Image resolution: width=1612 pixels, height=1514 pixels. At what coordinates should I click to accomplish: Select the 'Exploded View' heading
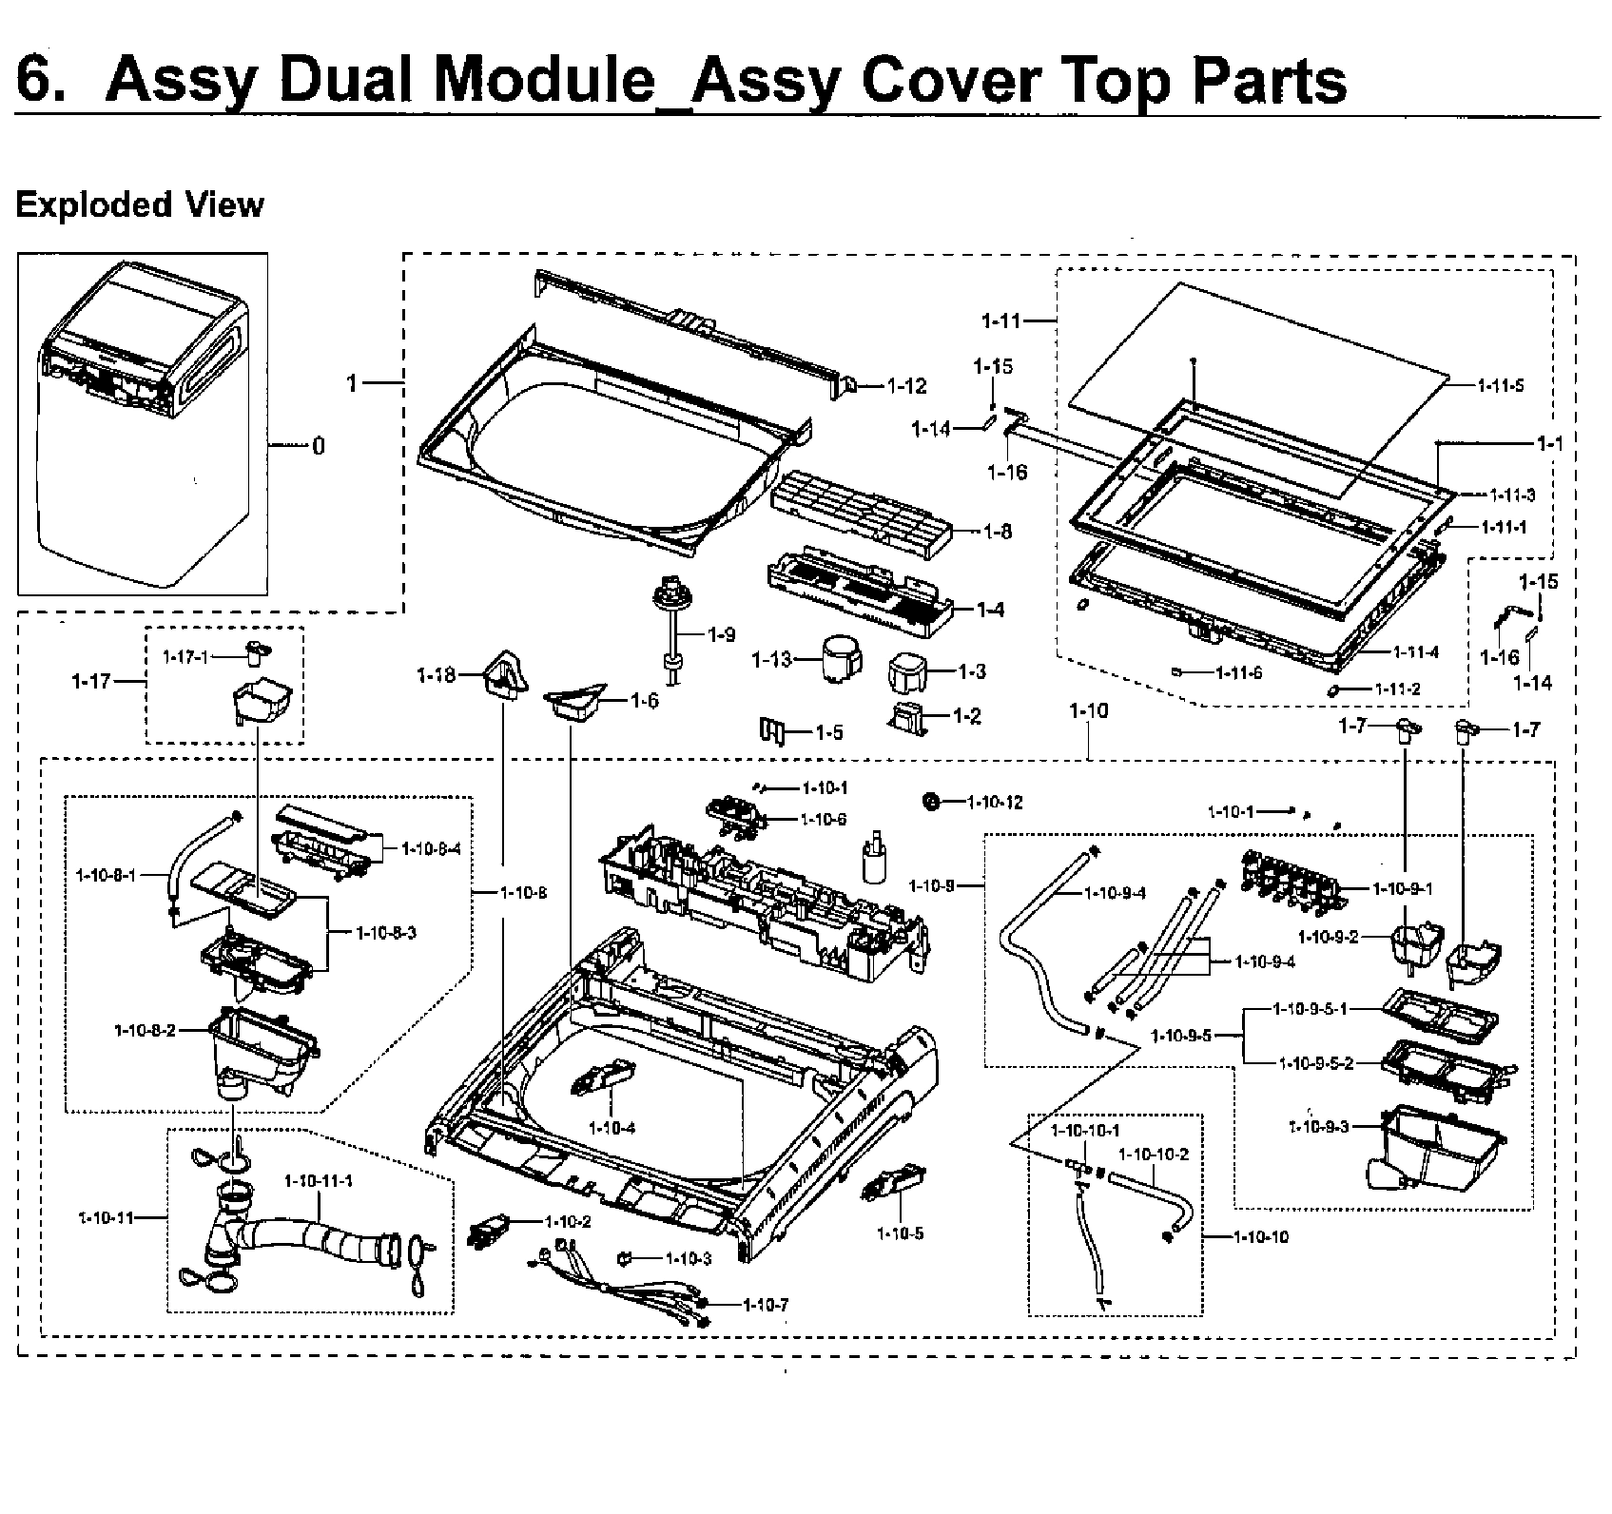[140, 204]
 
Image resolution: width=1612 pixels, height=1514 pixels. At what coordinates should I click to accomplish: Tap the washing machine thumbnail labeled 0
[143, 423]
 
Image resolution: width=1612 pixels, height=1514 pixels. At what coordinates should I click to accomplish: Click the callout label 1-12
[906, 386]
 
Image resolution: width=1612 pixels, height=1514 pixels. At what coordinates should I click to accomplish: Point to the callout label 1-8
[998, 532]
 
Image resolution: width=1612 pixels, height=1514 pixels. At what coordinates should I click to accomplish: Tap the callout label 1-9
[722, 634]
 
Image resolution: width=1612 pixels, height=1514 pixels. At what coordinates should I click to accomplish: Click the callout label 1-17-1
[185, 656]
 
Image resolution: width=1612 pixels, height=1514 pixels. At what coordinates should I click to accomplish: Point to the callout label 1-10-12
[995, 803]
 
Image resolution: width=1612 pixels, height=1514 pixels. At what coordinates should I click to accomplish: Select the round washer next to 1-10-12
[931, 803]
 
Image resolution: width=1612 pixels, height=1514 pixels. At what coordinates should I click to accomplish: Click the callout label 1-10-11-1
[320, 1180]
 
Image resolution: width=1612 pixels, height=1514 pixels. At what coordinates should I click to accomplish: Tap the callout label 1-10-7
[766, 1305]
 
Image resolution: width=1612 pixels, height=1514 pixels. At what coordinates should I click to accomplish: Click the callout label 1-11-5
[1501, 386]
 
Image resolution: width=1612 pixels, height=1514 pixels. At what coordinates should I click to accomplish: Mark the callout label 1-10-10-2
[1153, 1154]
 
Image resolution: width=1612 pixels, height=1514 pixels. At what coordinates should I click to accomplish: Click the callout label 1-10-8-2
[145, 1030]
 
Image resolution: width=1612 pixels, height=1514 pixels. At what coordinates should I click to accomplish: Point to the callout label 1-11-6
[1238, 672]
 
